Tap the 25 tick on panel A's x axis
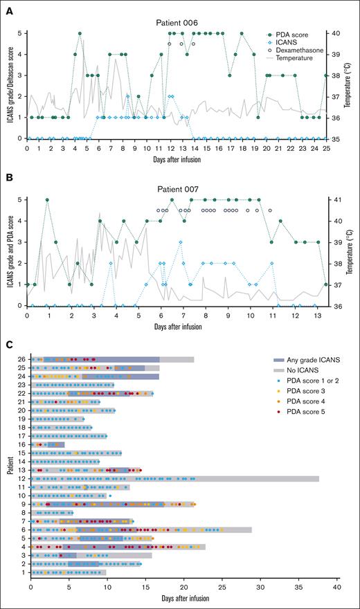pyautogui.click(x=326, y=147)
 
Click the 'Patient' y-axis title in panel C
pyautogui.click(x=8, y=464)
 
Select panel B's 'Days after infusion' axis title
pyautogui.click(x=177, y=325)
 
